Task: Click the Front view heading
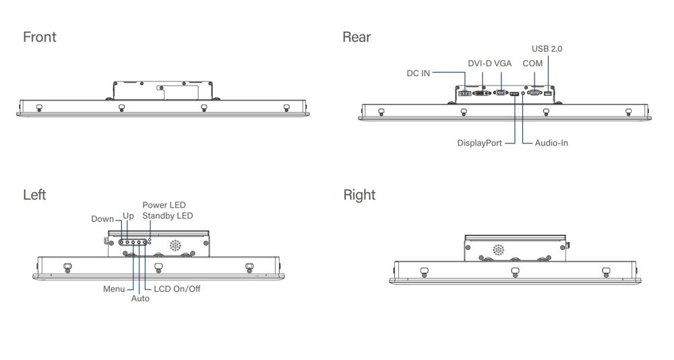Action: pos(40,37)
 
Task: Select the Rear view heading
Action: pos(357,37)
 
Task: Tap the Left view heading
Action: pos(34,194)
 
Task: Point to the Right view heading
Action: pos(359,195)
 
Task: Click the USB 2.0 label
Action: pos(547,49)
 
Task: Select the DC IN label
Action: pos(419,73)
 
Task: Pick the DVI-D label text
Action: pos(480,63)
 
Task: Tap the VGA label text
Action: pos(503,63)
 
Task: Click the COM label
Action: pos(532,63)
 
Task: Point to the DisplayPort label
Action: pos(479,143)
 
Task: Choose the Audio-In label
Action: pos(551,143)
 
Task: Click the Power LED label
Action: pos(164,205)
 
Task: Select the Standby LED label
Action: pos(168,216)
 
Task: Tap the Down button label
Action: pos(102,218)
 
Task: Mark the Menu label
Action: pos(114,289)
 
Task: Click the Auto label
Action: pos(140,298)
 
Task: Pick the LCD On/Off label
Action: pos(177,289)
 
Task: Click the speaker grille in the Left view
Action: pos(175,245)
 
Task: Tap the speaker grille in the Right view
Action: pos(498,250)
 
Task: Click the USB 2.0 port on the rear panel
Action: pos(547,93)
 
